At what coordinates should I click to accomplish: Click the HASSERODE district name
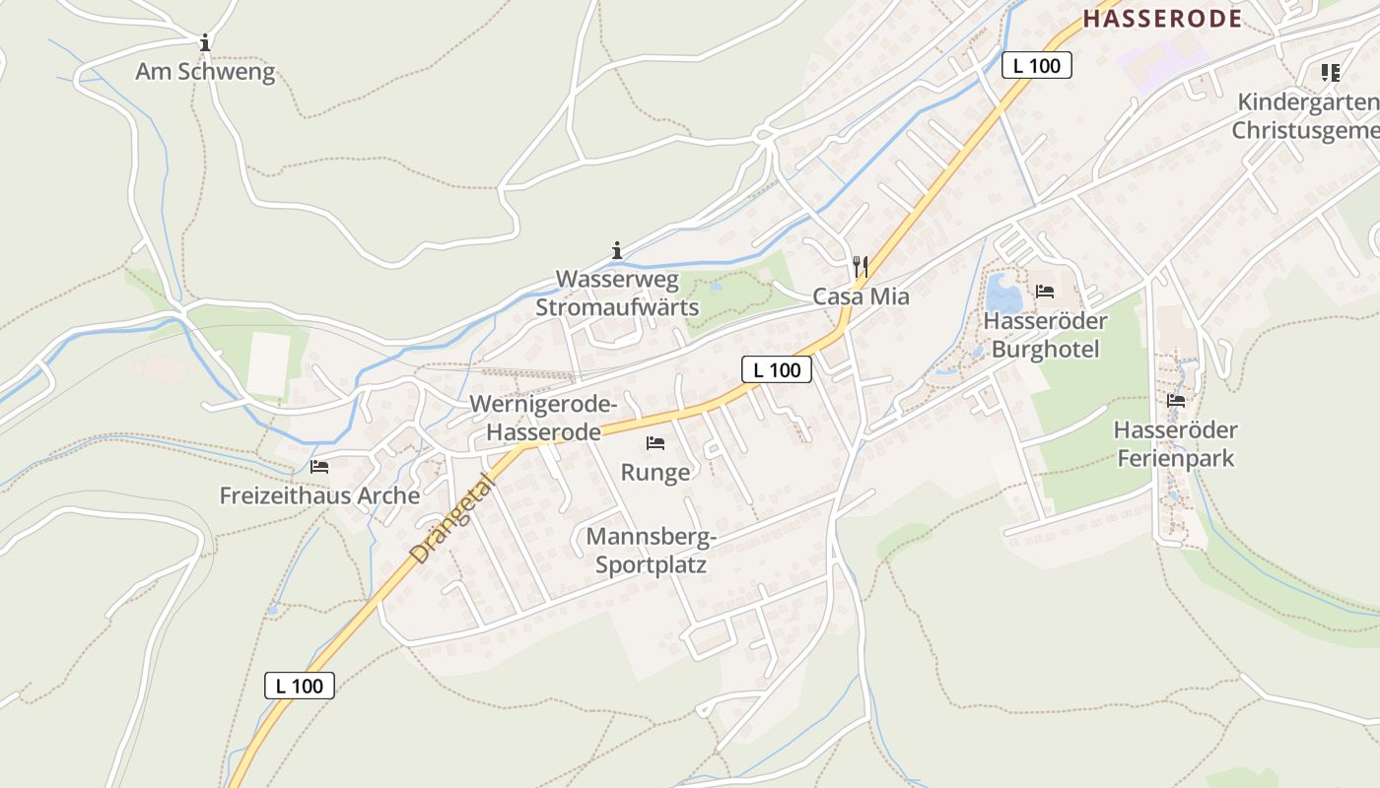pyautogui.click(x=1162, y=18)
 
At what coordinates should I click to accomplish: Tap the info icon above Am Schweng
pyautogui.click(x=204, y=42)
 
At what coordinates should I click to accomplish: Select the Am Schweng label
pyautogui.click(x=205, y=72)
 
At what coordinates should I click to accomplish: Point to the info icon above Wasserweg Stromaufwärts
pyautogui.click(x=617, y=250)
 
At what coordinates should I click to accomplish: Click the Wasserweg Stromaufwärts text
pyautogui.click(x=617, y=294)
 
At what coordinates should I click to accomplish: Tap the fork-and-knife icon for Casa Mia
pyautogui.click(x=861, y=266)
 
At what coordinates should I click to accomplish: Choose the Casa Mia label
pyautogui.click(x=861, y=296)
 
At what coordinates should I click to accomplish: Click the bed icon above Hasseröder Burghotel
pyautogui.click(x=1045, y=292)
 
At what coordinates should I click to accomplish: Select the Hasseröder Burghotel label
pyautogui.click(x=1045, y=335)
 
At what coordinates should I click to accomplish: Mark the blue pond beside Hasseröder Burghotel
pyautogui.click(x=1003, y=293)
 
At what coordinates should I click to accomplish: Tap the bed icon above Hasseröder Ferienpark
pyautogui.click(x=1175, y=401)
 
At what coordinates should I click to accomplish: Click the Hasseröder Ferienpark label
pyautogui.click(x=1175, y=444)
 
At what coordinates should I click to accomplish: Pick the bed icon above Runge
pyautogui.click(x=655, y=443)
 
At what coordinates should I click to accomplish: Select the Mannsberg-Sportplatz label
pyautogui.click(x=651, y=551)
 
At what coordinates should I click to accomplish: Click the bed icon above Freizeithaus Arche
pyautogui.click(x=318, y=466)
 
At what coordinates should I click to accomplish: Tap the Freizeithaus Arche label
pyautogui.click(x=319, y=495)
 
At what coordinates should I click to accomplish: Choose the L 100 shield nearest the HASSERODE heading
pyautogui.click(x=1036, y=66)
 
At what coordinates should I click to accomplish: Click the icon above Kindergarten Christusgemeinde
pyautogui.click(x=1331, y=72)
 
